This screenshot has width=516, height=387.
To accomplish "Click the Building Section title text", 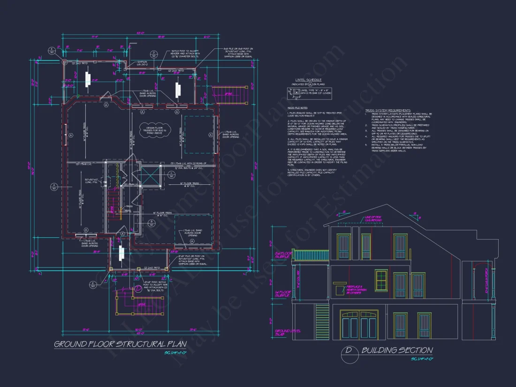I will (397, 350).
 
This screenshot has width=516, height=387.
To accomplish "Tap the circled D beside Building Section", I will (349, 350).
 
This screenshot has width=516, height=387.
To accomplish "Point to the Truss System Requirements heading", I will (387, 111).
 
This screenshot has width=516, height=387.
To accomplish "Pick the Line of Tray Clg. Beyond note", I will (370, 218).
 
